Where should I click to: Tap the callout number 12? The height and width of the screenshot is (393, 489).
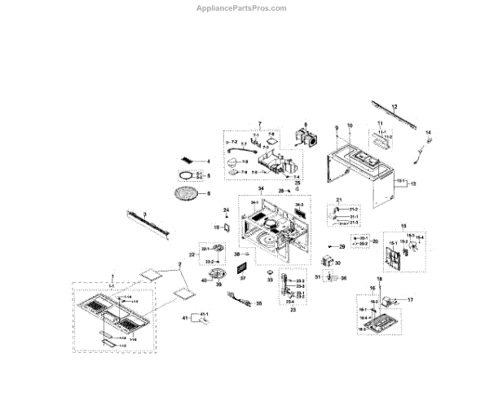(x=394, y=107)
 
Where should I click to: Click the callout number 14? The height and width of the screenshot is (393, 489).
(x=430, y=132)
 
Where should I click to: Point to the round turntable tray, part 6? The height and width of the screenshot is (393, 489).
(x=187, y=193)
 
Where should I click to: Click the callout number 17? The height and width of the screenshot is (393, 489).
(x=411, y=300)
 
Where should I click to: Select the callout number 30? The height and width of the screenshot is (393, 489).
(x=337, y=263)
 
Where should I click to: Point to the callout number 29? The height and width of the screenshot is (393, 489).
(x=343, y=245)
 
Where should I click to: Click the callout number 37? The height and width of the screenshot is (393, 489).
(x=242, y=277)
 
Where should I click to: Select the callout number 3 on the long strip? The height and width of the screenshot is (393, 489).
(x=145, y=213)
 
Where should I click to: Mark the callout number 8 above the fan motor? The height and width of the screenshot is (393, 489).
(x=306, y=126)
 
